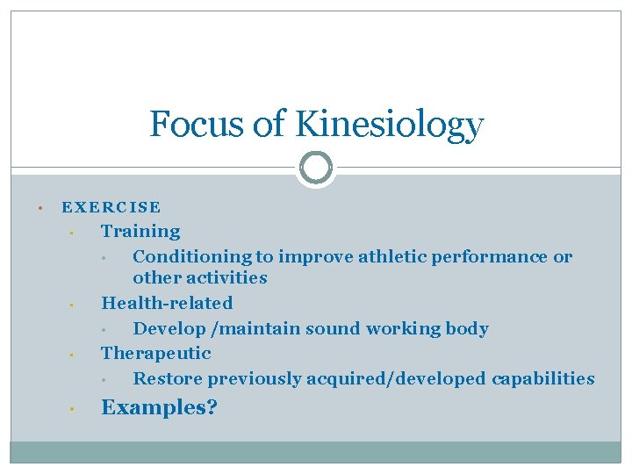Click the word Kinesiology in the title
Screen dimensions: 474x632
[389, 125]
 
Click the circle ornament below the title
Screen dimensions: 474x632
[316, 167]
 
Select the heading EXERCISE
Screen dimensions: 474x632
[111, 208]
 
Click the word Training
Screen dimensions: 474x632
[140, 232]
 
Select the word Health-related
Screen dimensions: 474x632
[167, 304]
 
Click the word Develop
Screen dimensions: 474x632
[169, 329]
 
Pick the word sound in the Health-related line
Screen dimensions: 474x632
[331, 329]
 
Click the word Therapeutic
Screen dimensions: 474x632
[156, 354]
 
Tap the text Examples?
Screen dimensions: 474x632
[160, 408]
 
